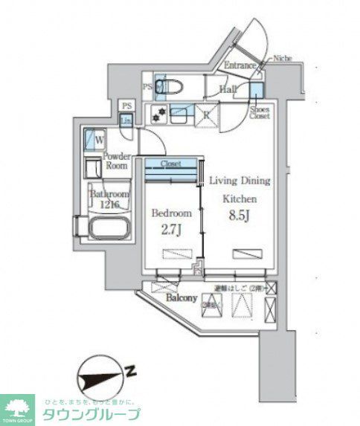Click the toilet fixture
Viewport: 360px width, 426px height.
pos(166,86)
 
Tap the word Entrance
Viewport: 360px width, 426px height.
pos(241,65)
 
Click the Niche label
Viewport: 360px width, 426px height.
pos(283,58)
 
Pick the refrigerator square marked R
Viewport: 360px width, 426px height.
pos(205,115)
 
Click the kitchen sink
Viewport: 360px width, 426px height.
pos(180,114)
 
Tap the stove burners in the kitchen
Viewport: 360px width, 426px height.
pos(158,115)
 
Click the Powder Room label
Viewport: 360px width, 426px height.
pos(116,161)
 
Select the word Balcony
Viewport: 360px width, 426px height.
pos(181,298)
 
